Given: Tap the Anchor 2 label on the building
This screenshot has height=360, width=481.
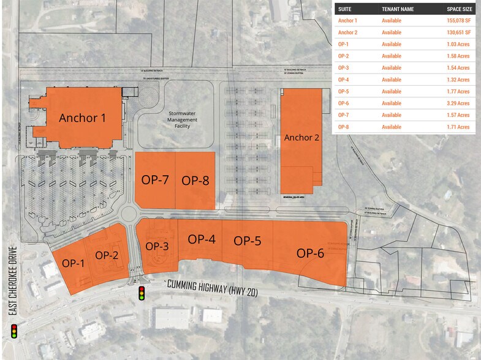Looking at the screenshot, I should [301, 138].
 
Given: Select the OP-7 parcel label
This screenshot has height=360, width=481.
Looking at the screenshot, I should [155, 180].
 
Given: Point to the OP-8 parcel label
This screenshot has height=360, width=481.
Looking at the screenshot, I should [195, 180].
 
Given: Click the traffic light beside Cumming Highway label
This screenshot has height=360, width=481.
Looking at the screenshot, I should [142, 293].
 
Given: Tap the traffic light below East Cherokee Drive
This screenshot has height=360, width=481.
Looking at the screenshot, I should [13, 332].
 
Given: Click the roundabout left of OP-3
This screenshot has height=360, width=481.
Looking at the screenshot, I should [129, 213].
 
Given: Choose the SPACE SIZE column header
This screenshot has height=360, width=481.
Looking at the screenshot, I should [459, 9].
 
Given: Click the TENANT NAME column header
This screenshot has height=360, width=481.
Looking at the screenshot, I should [398, 9].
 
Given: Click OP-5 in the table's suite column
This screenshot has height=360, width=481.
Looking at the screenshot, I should [344, 92].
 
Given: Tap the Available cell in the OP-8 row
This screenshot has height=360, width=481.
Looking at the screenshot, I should [391, 127].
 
